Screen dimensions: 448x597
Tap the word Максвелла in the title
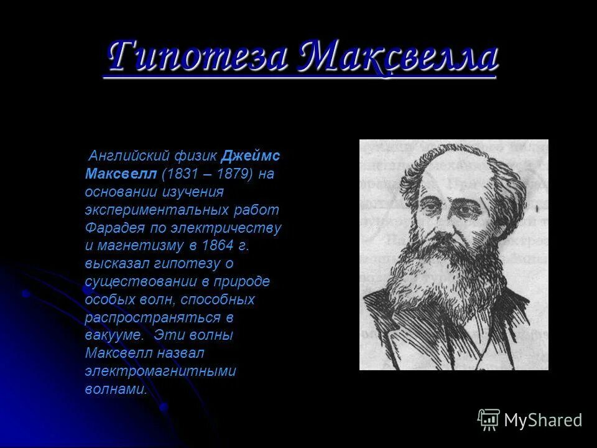click(398, 57)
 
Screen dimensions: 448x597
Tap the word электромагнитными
click(160, 371)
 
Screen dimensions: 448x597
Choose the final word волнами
click(116, 390)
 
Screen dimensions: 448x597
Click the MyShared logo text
click(543, 420)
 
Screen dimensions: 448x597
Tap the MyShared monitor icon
click(489, 420)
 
